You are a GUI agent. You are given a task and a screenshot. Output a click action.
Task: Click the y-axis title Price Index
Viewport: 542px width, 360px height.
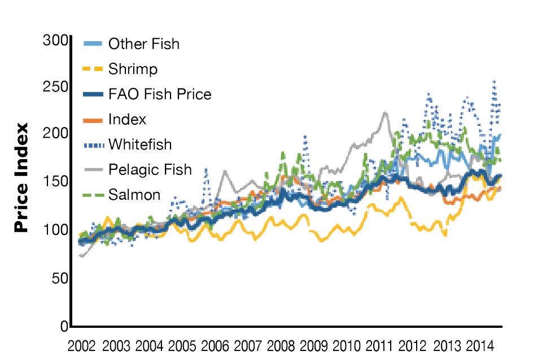tap(21, 178)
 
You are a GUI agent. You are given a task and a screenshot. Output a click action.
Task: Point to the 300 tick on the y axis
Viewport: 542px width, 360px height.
tap(55, 41)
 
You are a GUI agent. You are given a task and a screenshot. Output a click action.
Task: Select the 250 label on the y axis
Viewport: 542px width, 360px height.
tap(55, 87)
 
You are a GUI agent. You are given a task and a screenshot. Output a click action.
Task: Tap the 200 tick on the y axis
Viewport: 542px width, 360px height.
tap(55, 134)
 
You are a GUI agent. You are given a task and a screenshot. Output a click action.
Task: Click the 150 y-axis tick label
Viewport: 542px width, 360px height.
tap(55, 182)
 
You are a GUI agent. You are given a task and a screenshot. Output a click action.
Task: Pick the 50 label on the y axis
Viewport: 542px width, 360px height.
tap(59, 278)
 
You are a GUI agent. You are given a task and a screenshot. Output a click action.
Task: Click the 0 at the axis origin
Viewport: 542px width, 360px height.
tap(63, 326)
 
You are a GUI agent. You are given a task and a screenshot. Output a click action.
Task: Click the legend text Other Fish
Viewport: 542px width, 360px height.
tap(143, 44)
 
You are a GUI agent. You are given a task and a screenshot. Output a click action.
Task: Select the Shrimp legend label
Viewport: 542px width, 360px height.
tap(133, 69)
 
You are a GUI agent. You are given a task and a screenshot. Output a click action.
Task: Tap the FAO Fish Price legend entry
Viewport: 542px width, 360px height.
tap(160, 94)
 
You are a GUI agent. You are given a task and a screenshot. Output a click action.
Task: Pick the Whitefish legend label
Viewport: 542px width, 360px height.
tap(140, 144)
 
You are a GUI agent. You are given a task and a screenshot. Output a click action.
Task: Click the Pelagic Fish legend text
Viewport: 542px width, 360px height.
tap(150, 169)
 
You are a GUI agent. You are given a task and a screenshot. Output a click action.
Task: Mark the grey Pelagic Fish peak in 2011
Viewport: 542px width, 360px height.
tap(384, 113)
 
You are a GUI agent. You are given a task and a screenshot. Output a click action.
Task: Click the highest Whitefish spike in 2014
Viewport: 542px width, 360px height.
tap(495, 82)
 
